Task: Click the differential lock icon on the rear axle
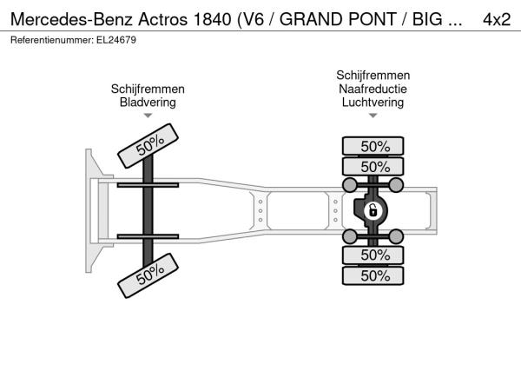pos(373,211)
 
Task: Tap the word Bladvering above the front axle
pos(148,102)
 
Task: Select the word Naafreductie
pos(373,89)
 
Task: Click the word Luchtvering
pos(373,102)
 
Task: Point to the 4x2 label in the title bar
pos(497,19)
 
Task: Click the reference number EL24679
pos(116,40)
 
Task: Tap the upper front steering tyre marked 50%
pos(148,146)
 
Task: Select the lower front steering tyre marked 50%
pos(148,275)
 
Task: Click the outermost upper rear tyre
pos(373,146)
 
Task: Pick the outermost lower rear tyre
pos(373,275)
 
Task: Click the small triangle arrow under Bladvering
pos(148,116)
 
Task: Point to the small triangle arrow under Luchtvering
pos(373,116)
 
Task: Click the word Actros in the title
pos(163,19)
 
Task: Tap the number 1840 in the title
pos(212,19)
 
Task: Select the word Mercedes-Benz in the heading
pos(72,19)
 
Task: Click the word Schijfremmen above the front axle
pos(148,89)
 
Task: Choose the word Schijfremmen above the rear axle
pos(373,75)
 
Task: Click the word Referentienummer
pos(52,40)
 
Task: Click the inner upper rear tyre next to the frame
pos(373,166)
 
